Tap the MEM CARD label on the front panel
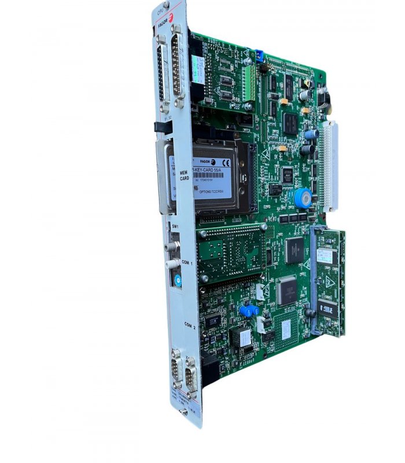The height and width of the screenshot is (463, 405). pyautogui.click(x=185, y=175)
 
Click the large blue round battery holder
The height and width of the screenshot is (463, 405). pyautogui.click(x=302, y=198)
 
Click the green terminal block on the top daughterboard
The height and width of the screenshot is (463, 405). pyautogui.click(x=249, y=82)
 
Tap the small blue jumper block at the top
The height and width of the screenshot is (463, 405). pyautogui.click(x=259, y=56)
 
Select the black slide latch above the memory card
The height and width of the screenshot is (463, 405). pyautogui.click(x=157, y=127)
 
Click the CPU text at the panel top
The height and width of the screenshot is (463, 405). pyautogui.click(x=160, y=10)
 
